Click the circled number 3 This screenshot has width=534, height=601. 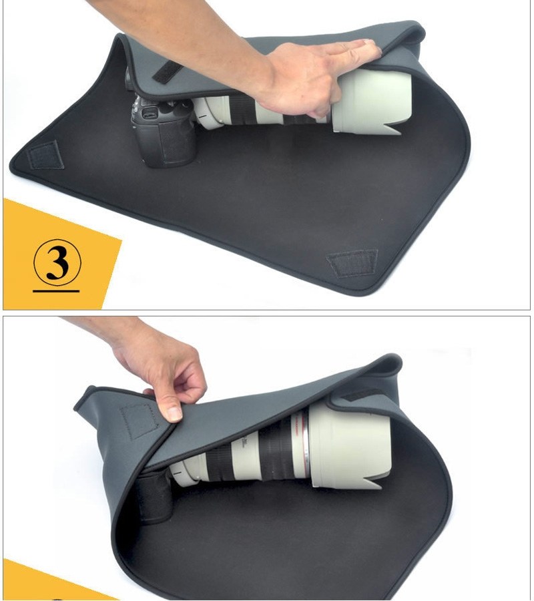[x=57, y=262]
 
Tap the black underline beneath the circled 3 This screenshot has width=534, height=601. [x=56, y=290]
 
